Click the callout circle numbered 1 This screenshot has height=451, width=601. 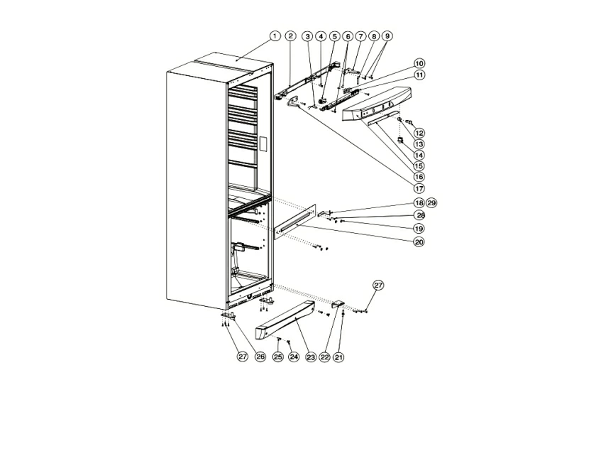[x=275, y=36]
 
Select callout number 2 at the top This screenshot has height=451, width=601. [x=290, y=36]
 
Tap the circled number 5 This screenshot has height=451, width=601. [x=335, y=36]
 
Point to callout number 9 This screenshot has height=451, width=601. [x=387, y=36]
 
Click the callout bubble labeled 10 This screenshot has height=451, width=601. [x=419, y=63]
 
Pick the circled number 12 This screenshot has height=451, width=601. [x=419, y=133]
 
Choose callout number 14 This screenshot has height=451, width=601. [x=419, y=155]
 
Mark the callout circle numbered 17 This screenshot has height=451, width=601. [x=419, y=188]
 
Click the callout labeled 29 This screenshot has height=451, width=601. [x=431, y=203]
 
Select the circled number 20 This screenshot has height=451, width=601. [x=419, y=241]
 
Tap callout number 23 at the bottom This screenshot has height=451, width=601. [x=311, y=357]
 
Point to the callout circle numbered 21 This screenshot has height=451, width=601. [x=338, y=357]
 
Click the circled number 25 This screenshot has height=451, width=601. [x=278, y=357]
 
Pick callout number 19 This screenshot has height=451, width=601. [x=419, y=229]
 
